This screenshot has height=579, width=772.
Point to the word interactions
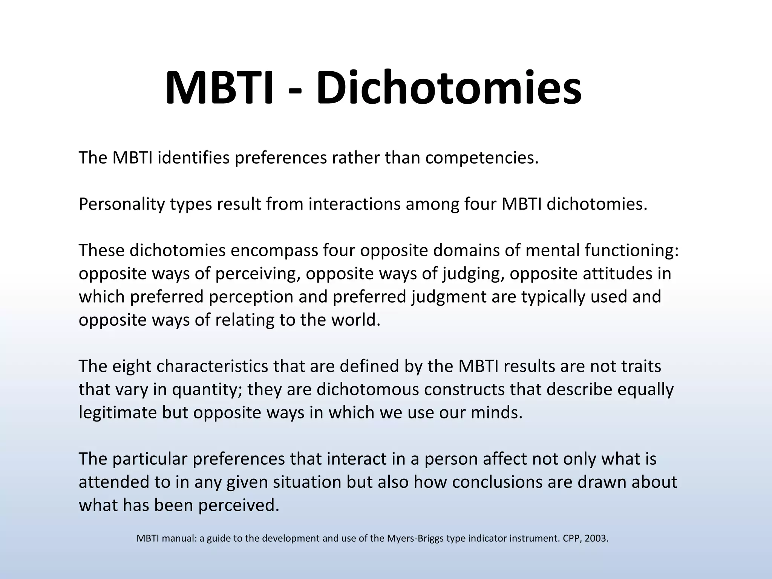[x=354, y=204]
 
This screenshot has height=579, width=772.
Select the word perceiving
[x=258, y=274]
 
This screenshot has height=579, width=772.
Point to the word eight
[x=132, y=366]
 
